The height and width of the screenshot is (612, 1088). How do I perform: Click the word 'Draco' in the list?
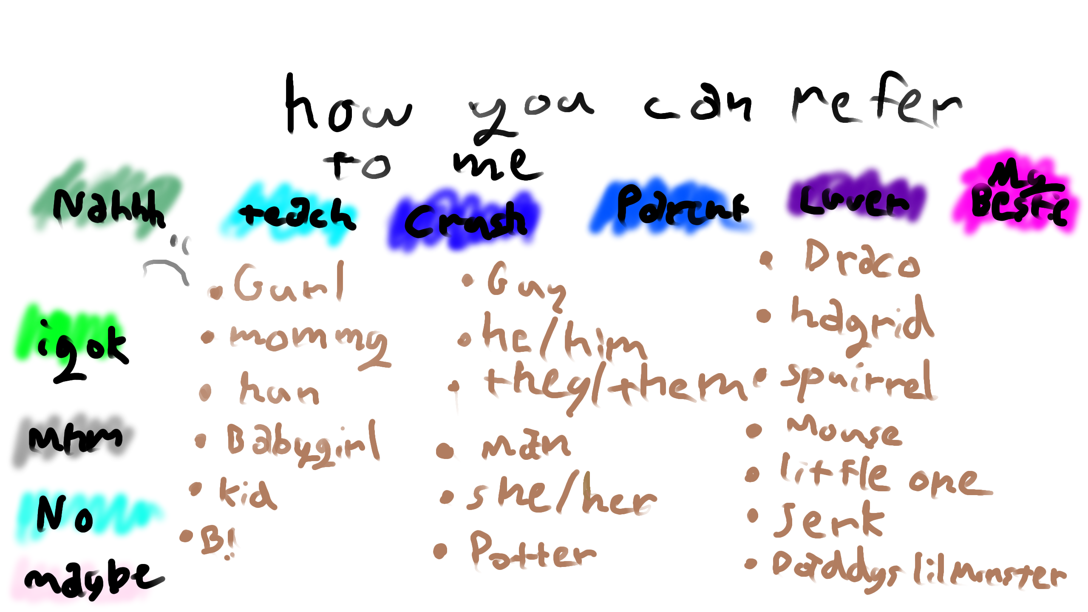tap(863, 260)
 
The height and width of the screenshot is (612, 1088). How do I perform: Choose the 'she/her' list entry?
tap(561, 495)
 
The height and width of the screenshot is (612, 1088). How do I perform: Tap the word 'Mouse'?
tap(844, 431)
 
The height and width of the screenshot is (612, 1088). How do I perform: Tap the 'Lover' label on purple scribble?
tap(854, 200)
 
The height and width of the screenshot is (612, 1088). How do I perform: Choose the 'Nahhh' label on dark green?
tap(108, 206)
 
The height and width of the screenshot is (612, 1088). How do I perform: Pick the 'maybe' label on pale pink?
tap(93, 578)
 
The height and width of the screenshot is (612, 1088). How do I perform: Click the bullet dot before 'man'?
tap(445, 450)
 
